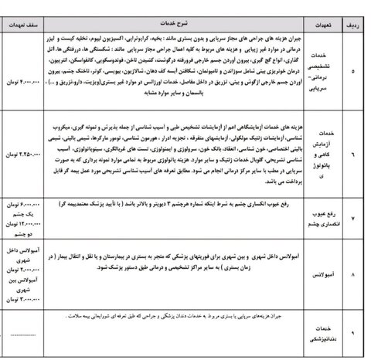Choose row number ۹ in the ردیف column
point(356,332)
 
